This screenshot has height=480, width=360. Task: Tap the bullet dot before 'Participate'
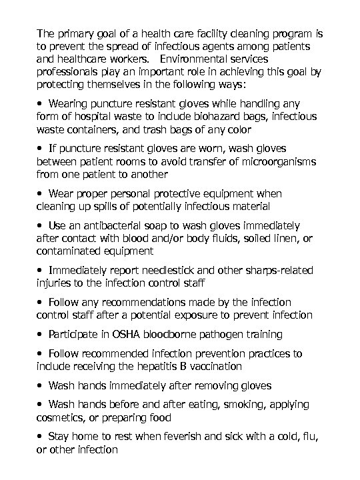point(41,334)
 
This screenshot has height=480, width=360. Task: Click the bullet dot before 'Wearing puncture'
point(41,104)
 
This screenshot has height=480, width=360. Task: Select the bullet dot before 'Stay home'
point(41,437)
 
